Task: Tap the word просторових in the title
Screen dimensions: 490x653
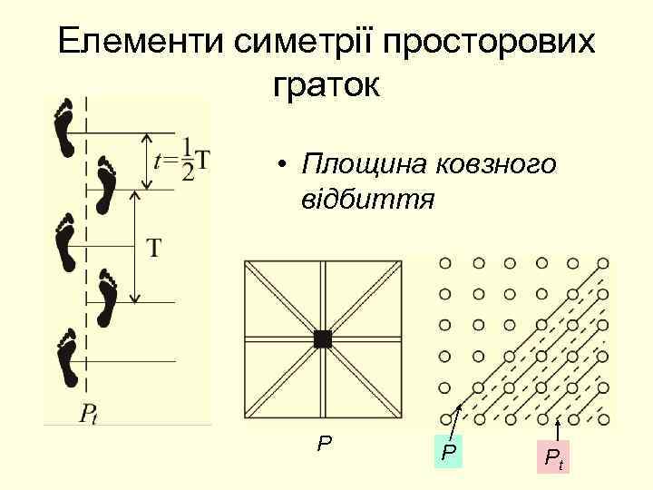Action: [491, 44]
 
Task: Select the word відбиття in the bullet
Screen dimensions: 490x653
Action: [371, 197]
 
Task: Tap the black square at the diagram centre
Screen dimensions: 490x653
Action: [322, 339]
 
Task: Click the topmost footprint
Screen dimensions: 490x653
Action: [64, 128]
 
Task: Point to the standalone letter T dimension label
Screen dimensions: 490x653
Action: [155, 247]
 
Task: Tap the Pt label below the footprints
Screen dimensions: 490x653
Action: [88, 414]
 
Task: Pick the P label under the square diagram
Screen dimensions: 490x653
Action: [324, 444]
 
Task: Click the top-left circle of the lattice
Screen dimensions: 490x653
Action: [444, 263]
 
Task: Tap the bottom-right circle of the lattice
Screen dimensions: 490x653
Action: [604, 419]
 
